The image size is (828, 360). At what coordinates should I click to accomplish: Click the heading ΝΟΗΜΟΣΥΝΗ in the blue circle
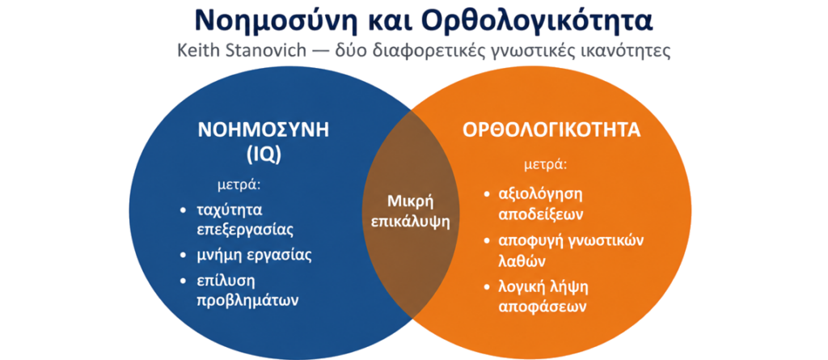(263, 130)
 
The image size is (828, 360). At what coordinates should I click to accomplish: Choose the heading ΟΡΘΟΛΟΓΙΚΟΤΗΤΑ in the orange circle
(551, 130)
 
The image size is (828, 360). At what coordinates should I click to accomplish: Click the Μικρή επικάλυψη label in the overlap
(410, 211)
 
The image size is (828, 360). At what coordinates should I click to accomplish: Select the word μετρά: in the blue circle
(240, 185)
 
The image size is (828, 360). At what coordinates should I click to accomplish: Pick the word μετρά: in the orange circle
(546, 164)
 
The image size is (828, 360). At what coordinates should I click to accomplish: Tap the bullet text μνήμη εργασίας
(254, 255)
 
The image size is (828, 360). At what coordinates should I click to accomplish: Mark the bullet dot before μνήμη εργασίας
(183, 256)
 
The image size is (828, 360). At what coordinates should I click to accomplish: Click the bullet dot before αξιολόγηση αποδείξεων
(488, 195)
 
